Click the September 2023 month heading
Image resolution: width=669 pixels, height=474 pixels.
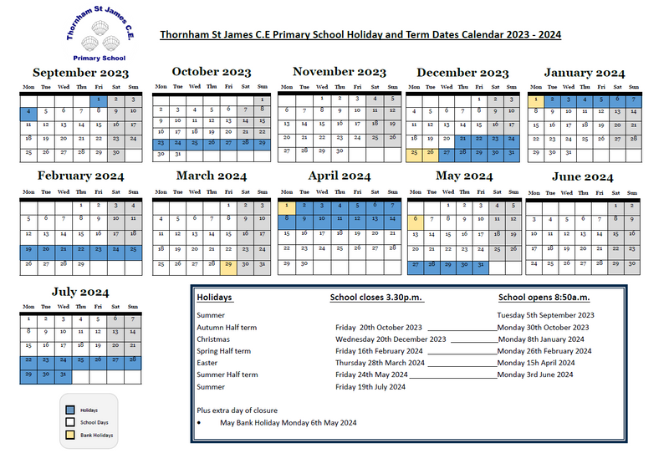80,74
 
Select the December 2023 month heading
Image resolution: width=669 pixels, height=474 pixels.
462,74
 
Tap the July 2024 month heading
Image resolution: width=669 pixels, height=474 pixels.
80,292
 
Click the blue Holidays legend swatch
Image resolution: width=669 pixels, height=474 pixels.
70,410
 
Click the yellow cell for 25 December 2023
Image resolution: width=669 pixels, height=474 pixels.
414,153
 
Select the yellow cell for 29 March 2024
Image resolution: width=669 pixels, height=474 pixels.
227,264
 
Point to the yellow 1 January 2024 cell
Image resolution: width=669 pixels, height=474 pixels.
534,99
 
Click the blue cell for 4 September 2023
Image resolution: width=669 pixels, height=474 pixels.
28,111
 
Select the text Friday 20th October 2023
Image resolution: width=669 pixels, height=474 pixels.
379,327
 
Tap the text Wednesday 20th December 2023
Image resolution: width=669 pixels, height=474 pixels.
391,339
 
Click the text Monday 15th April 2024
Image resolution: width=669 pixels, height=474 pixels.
536,363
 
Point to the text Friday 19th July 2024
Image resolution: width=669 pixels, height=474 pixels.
370,387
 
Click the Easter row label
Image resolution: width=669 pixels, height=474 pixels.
207,363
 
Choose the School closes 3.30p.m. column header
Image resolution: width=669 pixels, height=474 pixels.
376,298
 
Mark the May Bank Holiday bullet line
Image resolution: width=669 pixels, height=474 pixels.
288,423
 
